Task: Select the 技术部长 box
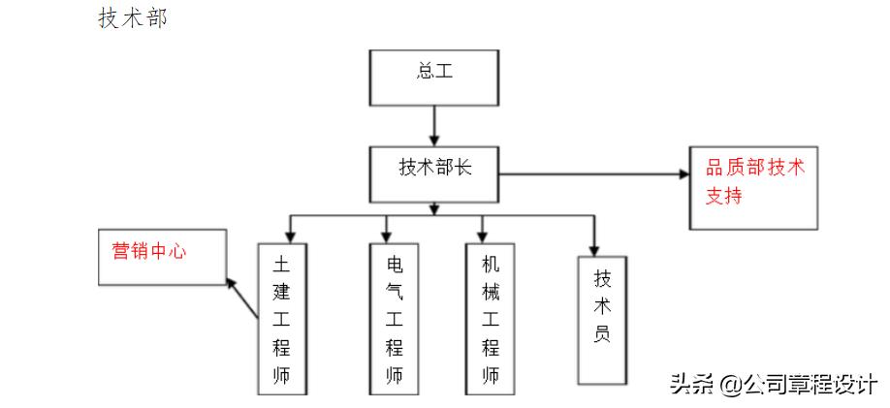coord(433,173)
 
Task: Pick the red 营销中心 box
coord(162,257)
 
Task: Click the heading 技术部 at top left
coord(132,18)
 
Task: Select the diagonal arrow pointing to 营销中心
coord(244,299)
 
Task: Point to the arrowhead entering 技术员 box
coord(594,246)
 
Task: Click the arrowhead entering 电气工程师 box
coord(387,234)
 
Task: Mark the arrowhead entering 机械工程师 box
coord(481,234)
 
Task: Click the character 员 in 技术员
coord(602,340)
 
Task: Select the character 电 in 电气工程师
coord(395,263)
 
